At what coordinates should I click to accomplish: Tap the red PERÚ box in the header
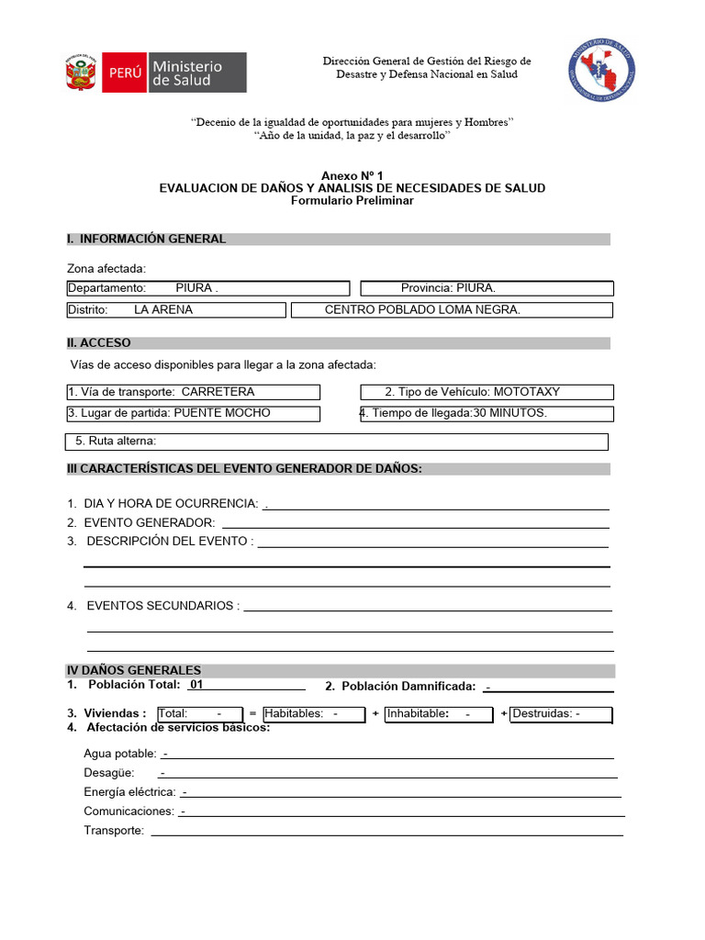click(x=124, y=73)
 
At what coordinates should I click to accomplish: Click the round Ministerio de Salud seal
click(x=602, y=70)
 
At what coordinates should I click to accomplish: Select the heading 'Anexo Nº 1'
click(x=352, y=175)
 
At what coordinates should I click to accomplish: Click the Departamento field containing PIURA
click(x=207, y=288)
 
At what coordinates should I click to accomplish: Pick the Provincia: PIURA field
click(x=486, y=288)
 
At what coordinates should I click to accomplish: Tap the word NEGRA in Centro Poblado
click(x=498, y=310)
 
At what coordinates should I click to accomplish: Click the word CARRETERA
click(x=218, y=392)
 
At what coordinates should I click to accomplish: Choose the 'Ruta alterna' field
click(x=336, y=442)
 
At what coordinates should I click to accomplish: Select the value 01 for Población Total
click(x=196, y=685)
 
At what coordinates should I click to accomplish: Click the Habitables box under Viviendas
click(x=315, y=714)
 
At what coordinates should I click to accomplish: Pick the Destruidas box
click(x=560, y=714)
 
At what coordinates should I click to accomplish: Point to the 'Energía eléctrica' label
click(x=129, y=792)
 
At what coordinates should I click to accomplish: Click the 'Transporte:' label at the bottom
click(x=114, y=831)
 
